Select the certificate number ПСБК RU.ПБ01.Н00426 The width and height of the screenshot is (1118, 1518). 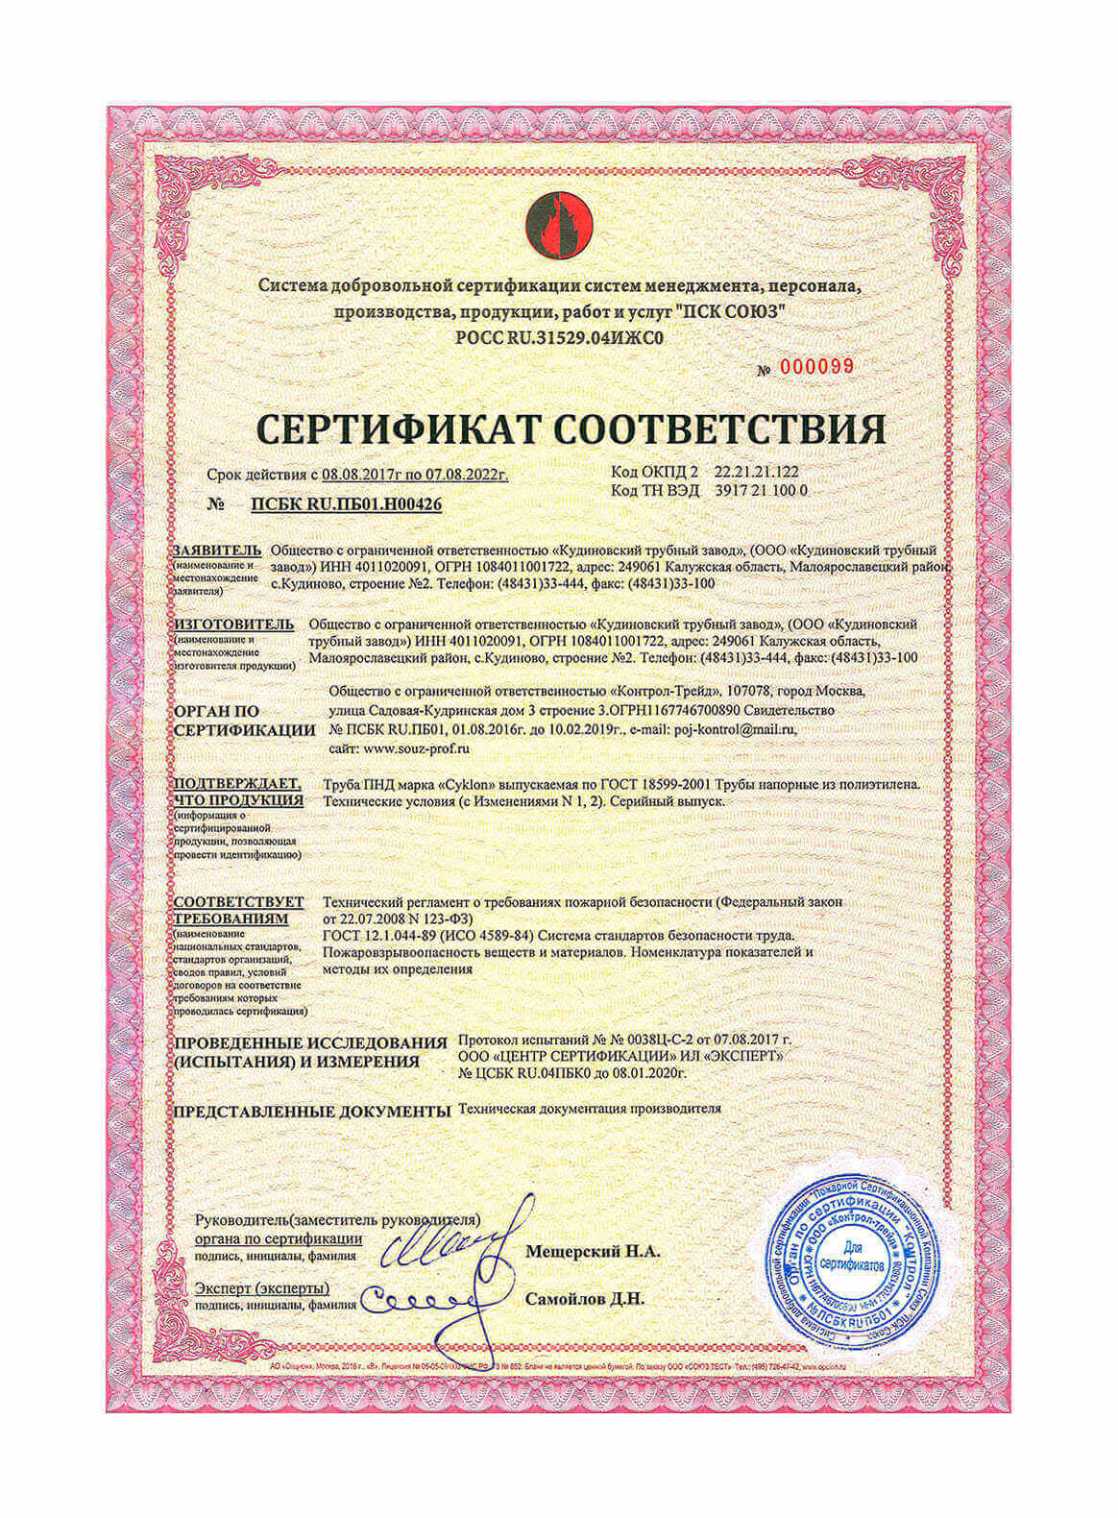[346, 503]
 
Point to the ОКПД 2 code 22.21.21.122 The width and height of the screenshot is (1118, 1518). [756, 473]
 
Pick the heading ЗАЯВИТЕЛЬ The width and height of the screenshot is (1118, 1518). [217, 551]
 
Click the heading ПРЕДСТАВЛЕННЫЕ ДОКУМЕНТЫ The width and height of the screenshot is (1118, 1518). [311, 1112]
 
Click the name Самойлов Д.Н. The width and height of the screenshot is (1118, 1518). [585, 1299]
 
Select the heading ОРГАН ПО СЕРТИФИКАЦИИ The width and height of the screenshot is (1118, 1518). [245, 721]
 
